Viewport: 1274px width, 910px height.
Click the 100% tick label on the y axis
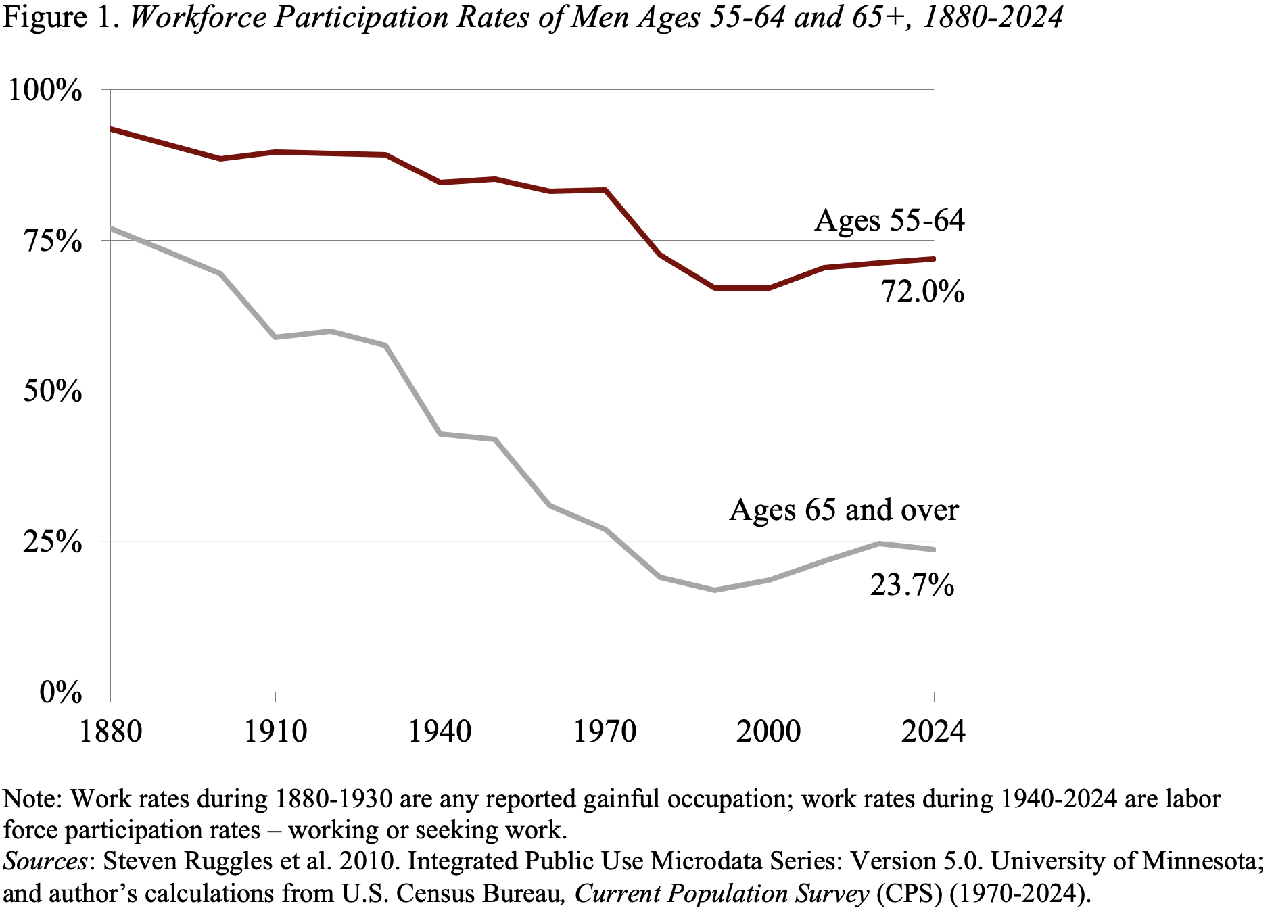45,91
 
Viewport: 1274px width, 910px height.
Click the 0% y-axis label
61,693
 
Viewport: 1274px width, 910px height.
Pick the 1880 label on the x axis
110,732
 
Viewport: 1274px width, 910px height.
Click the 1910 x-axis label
275,732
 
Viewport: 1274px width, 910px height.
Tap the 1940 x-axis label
440,732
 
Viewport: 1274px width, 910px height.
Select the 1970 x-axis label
605,732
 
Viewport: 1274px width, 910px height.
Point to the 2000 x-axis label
769,732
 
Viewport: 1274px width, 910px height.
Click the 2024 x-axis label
933,732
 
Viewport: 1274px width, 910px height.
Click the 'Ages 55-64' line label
889,221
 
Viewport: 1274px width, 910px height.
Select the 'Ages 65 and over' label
843,510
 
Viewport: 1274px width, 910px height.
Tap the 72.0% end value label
922,292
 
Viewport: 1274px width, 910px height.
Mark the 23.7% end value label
912,585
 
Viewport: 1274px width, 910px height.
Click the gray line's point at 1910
275,337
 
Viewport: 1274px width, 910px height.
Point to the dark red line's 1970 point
605,190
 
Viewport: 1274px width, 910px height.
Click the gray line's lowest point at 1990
714,590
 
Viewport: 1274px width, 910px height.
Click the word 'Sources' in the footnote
45,862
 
